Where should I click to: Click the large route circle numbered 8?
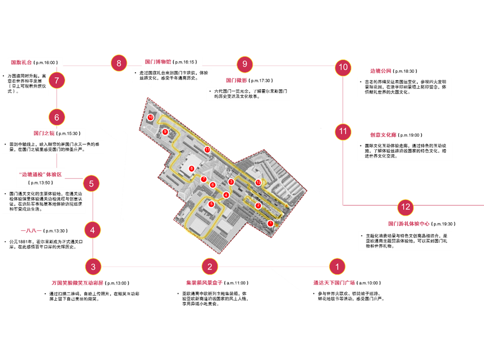click(x=119, y=63)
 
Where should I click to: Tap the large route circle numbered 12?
click(x=405, y=207)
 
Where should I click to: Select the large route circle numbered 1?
click(x=337, y=266)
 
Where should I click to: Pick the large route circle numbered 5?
click(x=91, y=184)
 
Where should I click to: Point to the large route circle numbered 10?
click(x=343, y=68)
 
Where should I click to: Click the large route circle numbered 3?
click(x=93, y=267)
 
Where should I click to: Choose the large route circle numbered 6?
click(x=57, y=117)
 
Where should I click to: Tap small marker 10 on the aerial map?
click(x=150, y=118)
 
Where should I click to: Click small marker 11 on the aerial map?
click(x=207, y=149)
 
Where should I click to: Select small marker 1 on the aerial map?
click(x=270, y=223)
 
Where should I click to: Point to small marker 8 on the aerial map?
click(x=191, y=169)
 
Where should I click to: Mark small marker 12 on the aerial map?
click(x=258, y=182)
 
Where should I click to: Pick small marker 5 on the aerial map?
click(x=212, y=204)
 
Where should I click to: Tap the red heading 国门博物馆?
click(x=157, y=62)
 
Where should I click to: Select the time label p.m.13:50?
click(x=42, y=182)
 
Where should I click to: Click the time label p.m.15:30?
click(x=69, y=133)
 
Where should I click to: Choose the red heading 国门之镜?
click(x=43, y=133)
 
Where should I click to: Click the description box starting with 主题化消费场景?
click(x=405, y=241)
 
